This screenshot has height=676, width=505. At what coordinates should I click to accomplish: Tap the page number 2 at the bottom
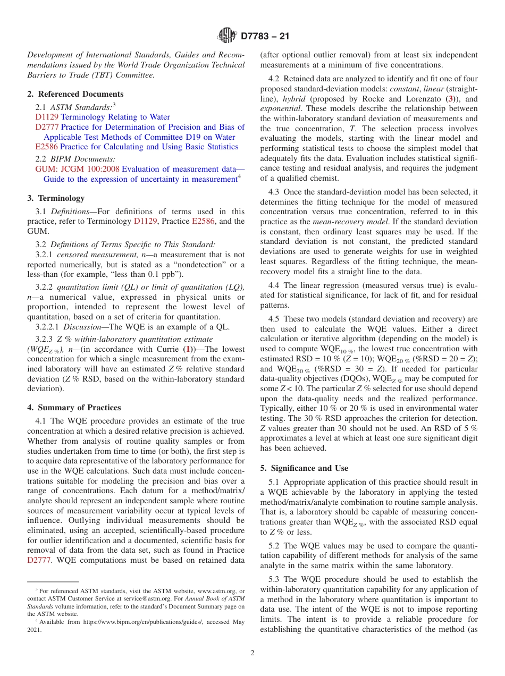[x=252, y=653]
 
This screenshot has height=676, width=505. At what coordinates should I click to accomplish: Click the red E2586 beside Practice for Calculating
[x=46, y=147]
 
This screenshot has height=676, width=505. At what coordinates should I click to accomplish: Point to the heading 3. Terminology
[x=56, y=198]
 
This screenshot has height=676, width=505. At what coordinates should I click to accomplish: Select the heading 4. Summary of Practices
[x=74, y=408]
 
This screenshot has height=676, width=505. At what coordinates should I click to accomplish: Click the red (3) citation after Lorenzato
[x=451, y=99]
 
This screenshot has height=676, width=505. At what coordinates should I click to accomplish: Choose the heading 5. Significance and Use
[x=304, y=468]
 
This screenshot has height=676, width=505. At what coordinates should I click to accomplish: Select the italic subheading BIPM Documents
[x=82, y=158]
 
